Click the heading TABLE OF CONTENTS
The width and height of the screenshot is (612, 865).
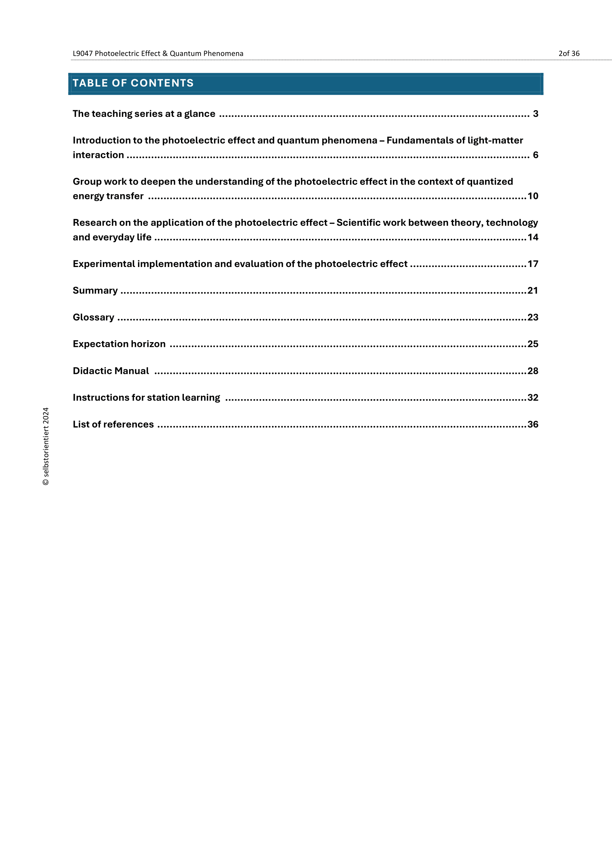coord(133,83)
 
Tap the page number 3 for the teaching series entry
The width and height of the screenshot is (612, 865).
coord(535,114)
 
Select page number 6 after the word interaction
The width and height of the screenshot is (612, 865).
coord(535,155)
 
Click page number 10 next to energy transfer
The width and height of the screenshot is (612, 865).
coord(532,196)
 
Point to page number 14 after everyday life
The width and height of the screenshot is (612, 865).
coord(532,237)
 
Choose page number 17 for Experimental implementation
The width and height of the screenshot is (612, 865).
coord(532,264)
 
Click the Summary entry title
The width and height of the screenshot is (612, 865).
coord(95,290)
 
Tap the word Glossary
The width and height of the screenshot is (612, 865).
coord(94,317)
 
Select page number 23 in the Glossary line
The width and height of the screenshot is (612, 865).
coord(532,317)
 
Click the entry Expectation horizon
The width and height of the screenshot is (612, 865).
coord(119,344)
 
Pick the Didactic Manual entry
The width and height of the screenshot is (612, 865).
coord(111,371)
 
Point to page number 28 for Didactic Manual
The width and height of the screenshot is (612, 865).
coord(532,371)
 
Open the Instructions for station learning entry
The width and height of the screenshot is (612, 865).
coord(146,398)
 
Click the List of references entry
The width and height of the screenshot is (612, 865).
coord(113,424)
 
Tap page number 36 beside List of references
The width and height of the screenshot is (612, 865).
coord(532,424)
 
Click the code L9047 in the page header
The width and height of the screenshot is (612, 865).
coord(83,54)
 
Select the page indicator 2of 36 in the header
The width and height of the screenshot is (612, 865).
coord(569,54)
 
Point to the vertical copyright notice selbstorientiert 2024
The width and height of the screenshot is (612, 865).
coord(46,446)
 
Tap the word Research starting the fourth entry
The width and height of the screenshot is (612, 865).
coord(95,223)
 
